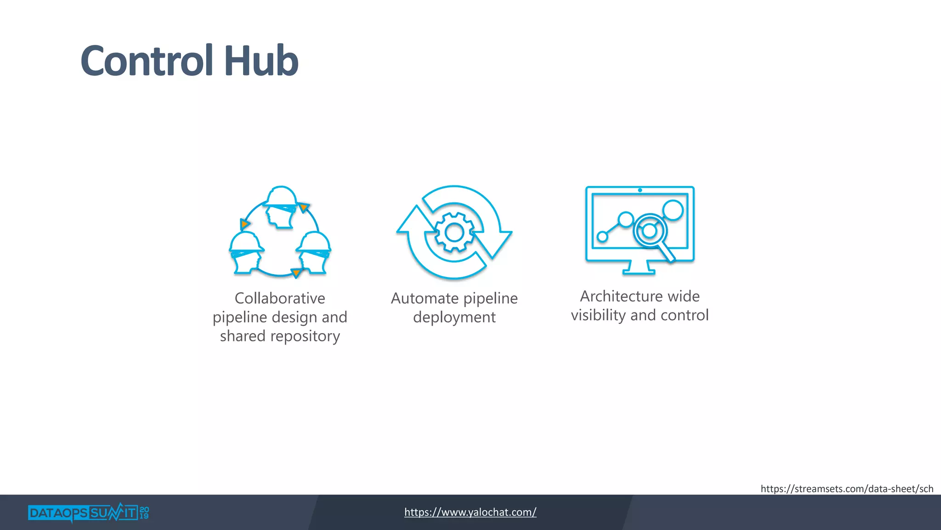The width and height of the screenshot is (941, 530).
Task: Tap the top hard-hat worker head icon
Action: tap(280, 207)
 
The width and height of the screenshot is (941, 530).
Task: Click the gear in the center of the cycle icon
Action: tap(454, 232)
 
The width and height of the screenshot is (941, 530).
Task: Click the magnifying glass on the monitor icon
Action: tap(651, 232)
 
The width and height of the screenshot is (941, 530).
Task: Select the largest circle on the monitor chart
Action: tap(673, 210)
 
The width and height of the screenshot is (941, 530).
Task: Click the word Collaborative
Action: tap(280, 298)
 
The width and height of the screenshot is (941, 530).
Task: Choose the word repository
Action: tap(305, 336)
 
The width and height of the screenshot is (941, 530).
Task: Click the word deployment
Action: tap(454, 317)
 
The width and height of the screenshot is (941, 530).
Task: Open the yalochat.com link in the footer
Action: tap(470, 512)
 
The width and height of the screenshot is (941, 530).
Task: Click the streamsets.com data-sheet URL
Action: tap(846, 489)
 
